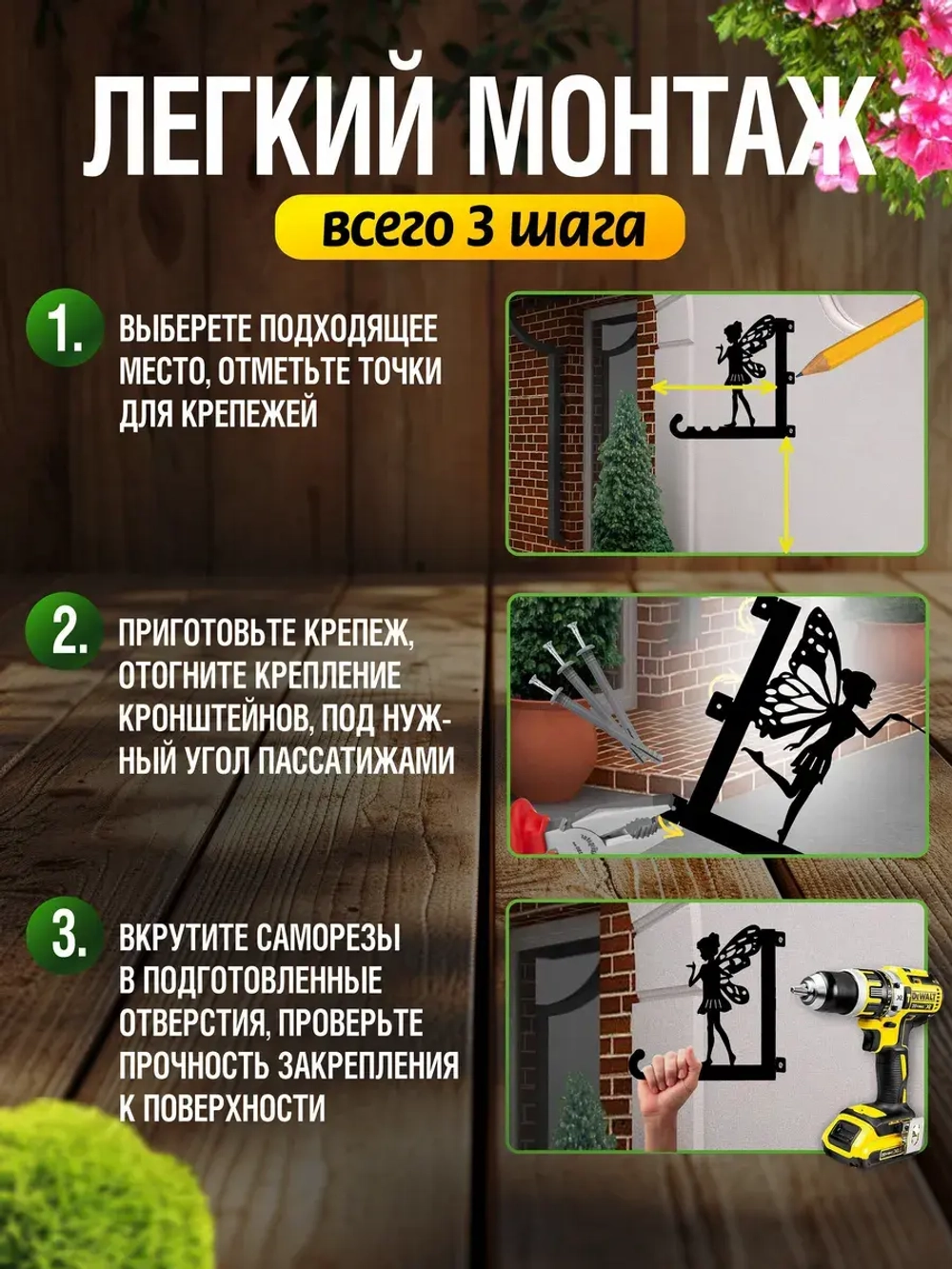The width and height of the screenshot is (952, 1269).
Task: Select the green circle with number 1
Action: click(65, 330)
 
